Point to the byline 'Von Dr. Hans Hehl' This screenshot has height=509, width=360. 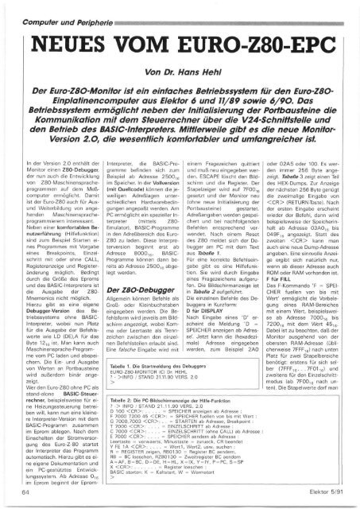[x=180, y=70]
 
